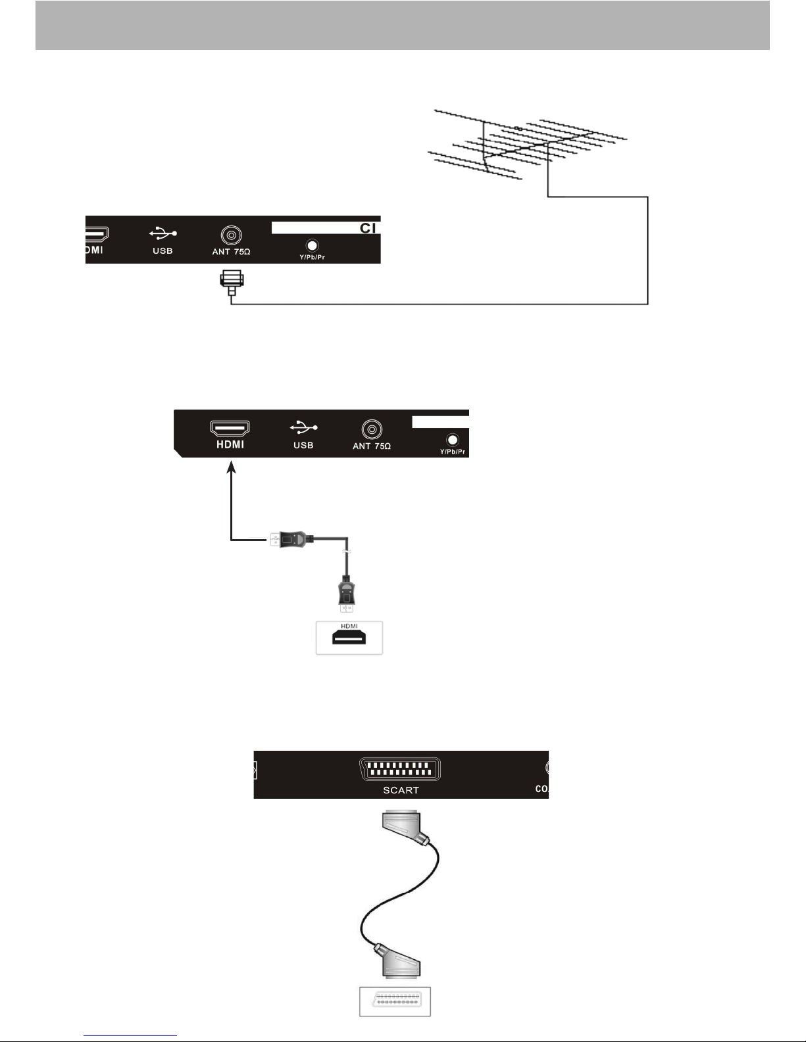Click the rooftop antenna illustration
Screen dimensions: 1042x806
click(x=526, y=145)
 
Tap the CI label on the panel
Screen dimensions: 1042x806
click(x=368, y=228)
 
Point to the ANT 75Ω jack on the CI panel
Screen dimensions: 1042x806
click(x=231, y=235)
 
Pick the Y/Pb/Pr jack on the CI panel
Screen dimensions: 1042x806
click(x=313, y=245)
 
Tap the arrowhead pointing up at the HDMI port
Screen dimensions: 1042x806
click(x=231, y=467)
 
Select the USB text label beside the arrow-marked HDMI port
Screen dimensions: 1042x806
click(x=303, y=445)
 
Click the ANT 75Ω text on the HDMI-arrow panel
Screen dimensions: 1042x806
click(x=372, y=446)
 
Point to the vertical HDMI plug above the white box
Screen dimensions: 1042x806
click(x=346, y=592)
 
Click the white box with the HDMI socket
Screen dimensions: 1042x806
click(x=349, y=638)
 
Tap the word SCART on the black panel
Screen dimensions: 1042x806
click(x=401, y=790)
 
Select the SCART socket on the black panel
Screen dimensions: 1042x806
click(x=401, y=770)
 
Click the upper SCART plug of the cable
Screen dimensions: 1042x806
click(x=403, y=827)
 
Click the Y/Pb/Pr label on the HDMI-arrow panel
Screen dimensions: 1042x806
click(x=452, y=452)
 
